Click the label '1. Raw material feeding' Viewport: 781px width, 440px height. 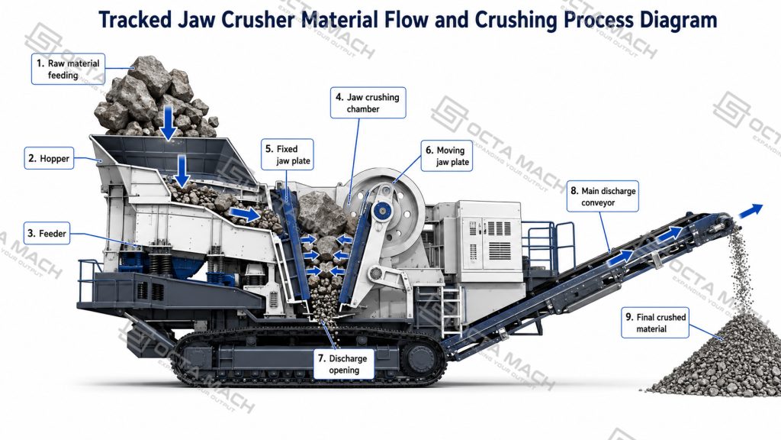68,69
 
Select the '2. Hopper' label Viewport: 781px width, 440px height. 49,158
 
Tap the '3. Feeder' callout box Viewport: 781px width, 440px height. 47,233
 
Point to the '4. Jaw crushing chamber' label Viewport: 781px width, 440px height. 368,103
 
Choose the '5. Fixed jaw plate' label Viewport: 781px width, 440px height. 288,154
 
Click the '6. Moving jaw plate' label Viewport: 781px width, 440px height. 447,156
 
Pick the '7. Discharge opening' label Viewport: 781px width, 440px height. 344,364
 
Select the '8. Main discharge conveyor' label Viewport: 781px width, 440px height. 603,196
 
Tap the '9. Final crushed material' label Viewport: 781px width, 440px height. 655,323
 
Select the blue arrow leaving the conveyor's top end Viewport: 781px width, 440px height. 750,210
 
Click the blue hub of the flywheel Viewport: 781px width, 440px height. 383,210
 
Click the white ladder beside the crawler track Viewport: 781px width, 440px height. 451,310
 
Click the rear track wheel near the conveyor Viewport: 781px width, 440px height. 420,357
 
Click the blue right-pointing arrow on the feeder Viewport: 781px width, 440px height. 246,214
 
